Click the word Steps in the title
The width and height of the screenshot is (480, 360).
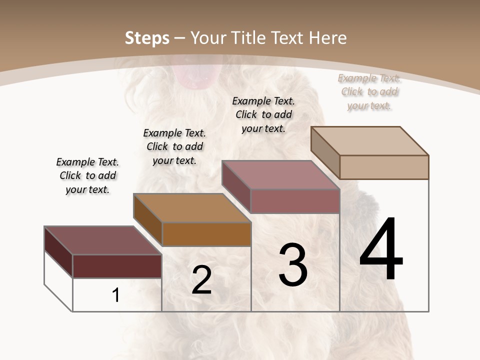[147, 38]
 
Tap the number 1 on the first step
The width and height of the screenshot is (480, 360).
[116, 295]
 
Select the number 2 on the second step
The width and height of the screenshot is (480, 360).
[201, 280]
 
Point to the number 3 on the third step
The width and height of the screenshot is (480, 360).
[293, 265]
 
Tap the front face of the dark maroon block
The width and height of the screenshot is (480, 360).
[117, 266]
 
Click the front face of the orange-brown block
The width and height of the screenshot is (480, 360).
[206, 234]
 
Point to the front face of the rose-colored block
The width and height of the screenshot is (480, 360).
[295, 201]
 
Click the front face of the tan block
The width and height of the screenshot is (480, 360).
[384, 167]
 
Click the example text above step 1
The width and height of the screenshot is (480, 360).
[87, 175]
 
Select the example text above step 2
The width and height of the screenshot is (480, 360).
[174, 146]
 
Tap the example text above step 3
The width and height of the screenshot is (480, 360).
[263, 114]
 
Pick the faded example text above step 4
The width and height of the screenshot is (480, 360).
[369, 91]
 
